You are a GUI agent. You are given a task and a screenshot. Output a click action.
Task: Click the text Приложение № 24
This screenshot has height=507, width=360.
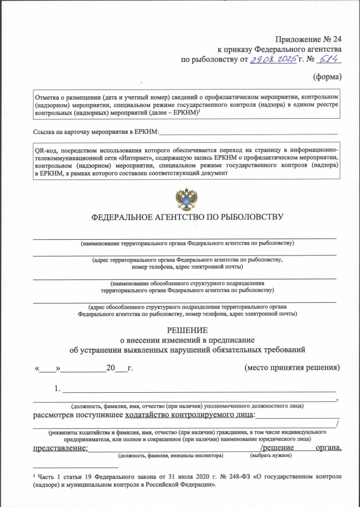[x=309, y=39]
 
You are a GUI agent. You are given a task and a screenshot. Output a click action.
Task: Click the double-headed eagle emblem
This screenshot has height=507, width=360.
[x=186, y=199]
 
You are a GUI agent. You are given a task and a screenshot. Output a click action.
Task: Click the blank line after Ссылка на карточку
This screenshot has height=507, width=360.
[x=247, y=133]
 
